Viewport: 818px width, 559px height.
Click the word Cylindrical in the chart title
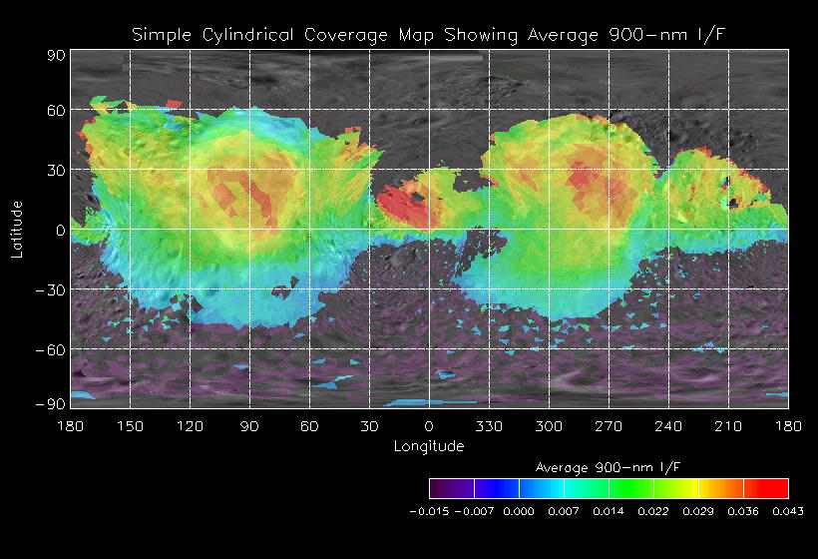[245, 36]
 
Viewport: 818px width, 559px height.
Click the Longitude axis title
[429, 446]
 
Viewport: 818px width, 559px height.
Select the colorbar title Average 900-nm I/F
[609, 467]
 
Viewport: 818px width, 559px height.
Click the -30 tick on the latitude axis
[51, 290]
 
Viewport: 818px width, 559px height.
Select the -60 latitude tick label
[51, 350]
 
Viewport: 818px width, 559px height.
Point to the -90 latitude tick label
[51, 403]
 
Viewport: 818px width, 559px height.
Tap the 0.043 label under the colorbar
[787, 511]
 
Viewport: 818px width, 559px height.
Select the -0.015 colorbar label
[429, 511]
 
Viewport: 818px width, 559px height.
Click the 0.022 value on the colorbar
[653, 511]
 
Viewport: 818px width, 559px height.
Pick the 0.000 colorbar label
[519, 511]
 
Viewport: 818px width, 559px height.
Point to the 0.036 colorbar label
[743, 511]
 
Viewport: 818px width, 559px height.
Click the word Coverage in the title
[344, 36]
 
